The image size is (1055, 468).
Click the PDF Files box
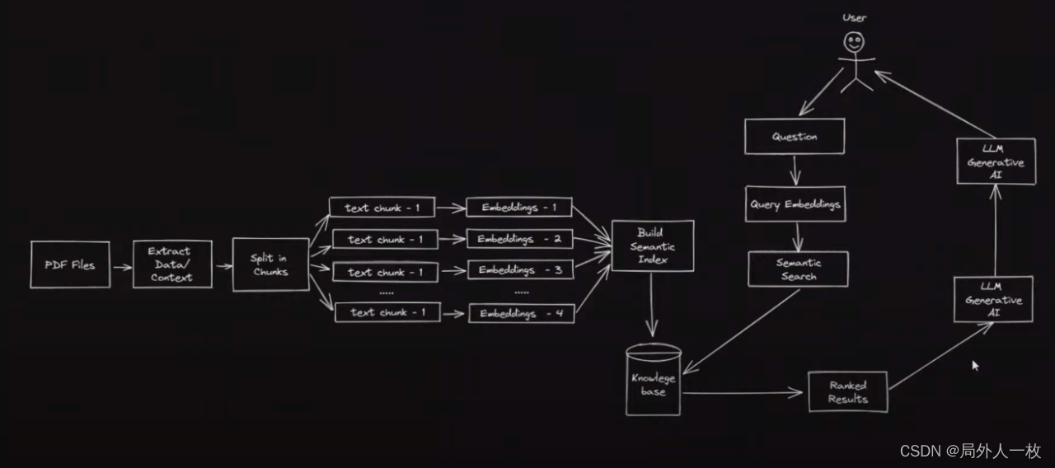pos(70,264)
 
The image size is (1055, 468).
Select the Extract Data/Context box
pos(172,264)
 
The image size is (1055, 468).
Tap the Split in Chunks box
pos(270,264)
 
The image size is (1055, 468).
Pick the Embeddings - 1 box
pos(518,208)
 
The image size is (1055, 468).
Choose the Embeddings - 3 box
pos(520,269)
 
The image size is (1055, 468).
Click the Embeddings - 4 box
pos(521,313)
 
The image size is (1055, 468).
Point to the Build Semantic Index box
pos(652,246)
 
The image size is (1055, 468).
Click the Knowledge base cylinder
pos(654,381)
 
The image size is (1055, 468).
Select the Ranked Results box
pos(848,392)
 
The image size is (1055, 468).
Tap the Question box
pos(795,137)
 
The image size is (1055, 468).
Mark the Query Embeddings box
pos(795,204)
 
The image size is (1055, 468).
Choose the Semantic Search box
pos(797,269)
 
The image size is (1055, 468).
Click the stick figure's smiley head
pos(854,42)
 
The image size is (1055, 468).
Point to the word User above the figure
pos(854,17)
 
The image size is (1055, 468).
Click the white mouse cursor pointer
pos(976,366)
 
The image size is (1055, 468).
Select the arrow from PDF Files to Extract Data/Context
pos(121,266)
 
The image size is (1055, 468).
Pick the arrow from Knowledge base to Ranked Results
pos(742,393)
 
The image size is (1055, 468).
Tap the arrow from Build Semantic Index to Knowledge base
pos(653,304)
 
